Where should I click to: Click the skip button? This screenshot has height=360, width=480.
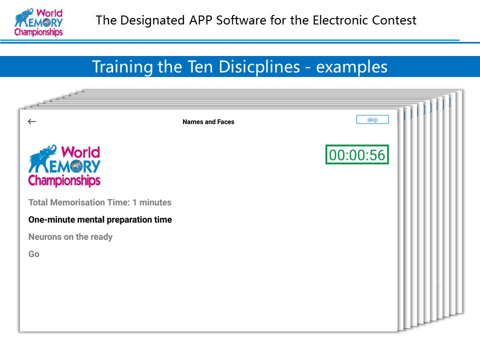[x=372, y=119]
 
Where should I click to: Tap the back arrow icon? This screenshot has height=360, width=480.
[x=32, y=121]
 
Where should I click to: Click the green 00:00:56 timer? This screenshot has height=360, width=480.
[x=357, y=154]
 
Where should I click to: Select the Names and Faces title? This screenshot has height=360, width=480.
[x=208, y=122]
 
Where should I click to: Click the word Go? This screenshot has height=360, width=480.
[x=34, y=254]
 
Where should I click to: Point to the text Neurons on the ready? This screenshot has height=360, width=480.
[x=70, y=237]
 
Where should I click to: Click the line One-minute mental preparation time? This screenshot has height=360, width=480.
[x=100, y=220]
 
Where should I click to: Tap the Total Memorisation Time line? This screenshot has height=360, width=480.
[x=100, y=202]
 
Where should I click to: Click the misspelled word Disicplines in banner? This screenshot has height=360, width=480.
[x=259, y=66]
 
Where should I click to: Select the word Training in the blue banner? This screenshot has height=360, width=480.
[x=122, y=67]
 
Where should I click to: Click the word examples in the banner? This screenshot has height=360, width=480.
[x=351, y=67]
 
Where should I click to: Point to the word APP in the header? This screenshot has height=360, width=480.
[x=200, y=20]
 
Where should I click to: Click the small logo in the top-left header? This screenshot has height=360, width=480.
[x=38, y=22]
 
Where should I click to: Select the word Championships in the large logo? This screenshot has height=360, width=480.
[x=64, y=180]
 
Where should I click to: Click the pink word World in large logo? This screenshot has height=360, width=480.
[x=80, y=152]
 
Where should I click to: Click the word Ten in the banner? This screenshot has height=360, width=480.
[x=200, y=66]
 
